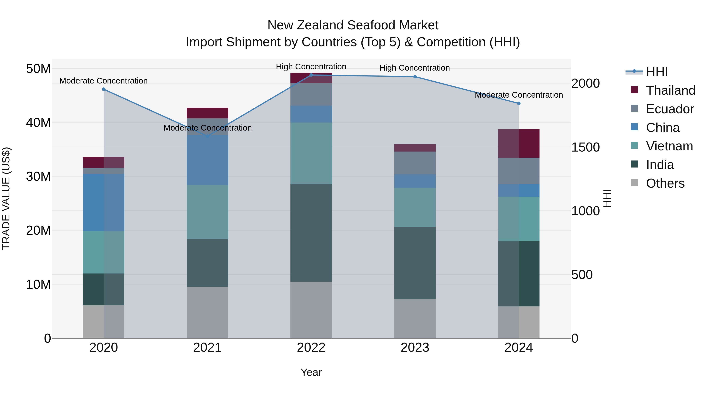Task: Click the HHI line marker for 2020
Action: (104, 89)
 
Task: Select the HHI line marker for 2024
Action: (519, 104)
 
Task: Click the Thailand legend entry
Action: (670, 90)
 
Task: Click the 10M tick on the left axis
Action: (38, 284)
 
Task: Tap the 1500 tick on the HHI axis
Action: (585, 147)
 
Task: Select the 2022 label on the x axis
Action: (311, 348)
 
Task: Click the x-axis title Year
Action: (311, 372)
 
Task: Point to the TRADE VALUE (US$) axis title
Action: (6, 198)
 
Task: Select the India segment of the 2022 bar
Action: (311, 233)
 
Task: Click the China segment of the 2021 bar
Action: (207, 160)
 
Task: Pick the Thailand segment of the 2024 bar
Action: (519, 144)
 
